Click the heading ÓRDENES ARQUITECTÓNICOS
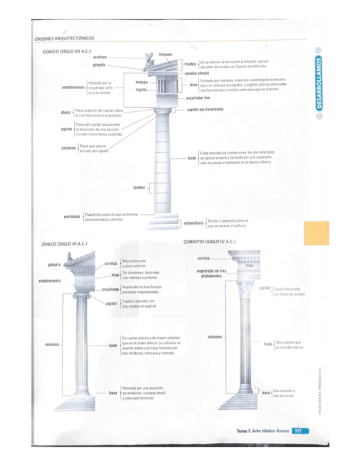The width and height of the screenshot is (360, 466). click(64, 38)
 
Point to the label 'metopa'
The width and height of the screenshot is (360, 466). click(142, 82)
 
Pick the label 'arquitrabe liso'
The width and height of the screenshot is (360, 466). click(198, 97)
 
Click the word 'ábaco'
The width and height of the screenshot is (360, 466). click(67, 112)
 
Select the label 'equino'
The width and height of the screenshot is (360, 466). click(67, 130)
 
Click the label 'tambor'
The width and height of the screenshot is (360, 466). click(139, 187)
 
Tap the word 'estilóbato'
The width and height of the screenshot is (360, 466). click(73, 216)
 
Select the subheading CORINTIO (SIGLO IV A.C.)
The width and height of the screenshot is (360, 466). click(209, 241)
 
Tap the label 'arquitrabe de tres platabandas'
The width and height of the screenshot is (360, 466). click(211, 273)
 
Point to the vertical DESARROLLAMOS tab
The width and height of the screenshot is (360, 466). click(323, 85)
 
